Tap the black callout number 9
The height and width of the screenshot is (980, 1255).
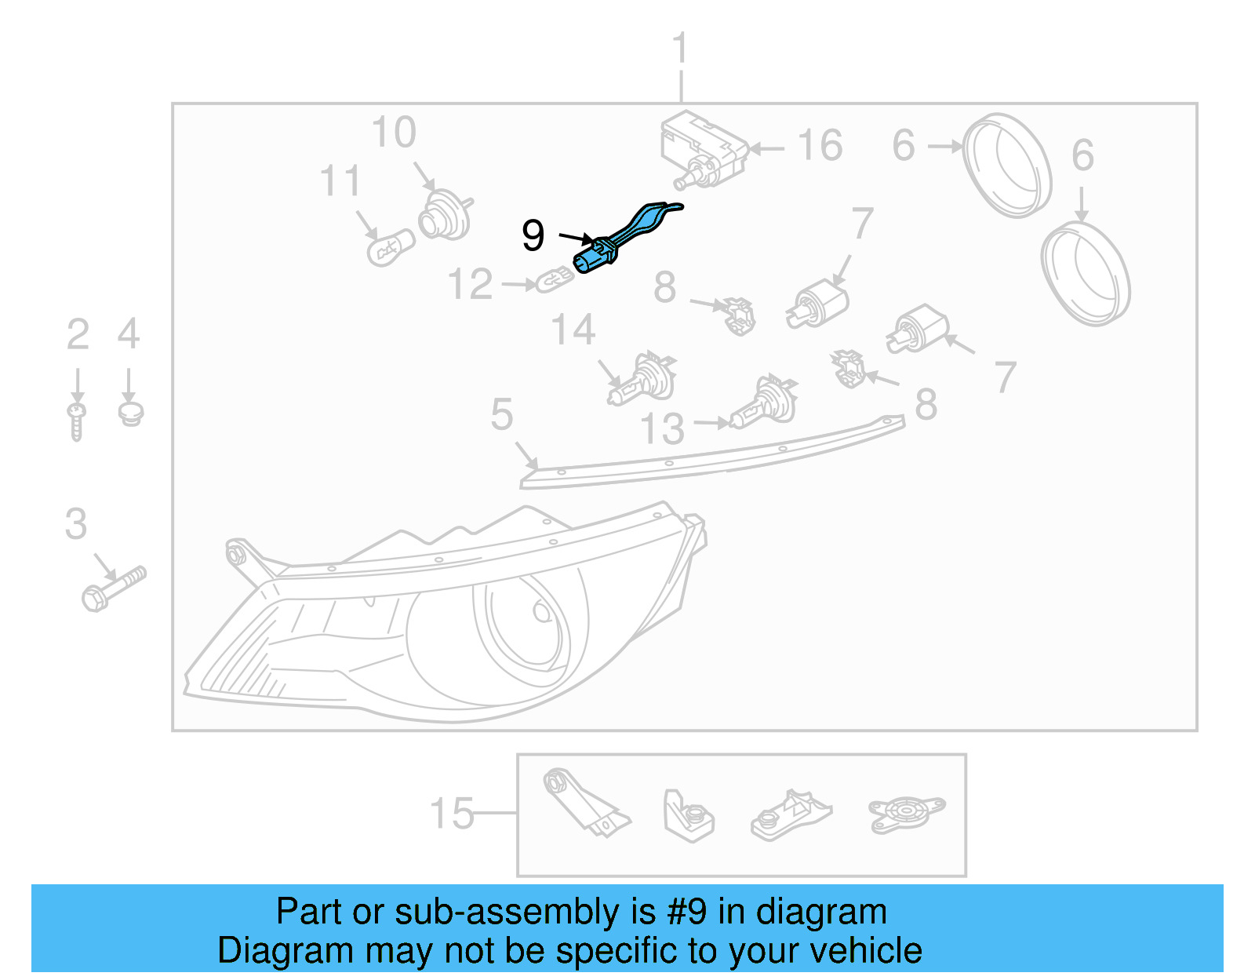click(x=533, y=235)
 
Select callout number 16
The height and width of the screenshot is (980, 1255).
click(x=820, y=146)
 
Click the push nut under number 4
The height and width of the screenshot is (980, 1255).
click(x=130, y=413)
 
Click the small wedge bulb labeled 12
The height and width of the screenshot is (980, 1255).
click(x=555, y=279)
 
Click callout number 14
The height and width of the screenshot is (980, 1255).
click(x=573, y=330)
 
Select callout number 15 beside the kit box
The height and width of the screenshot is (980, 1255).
click(x=453, y=814)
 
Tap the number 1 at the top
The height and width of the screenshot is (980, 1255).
click(x=680, y=49)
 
